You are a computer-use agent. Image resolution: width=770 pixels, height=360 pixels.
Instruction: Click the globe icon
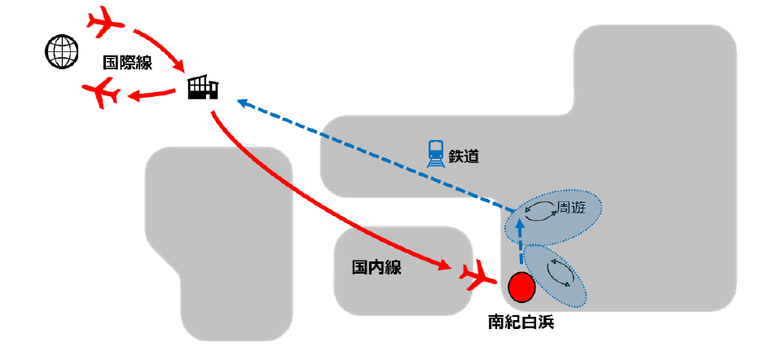click(x=62, y=52)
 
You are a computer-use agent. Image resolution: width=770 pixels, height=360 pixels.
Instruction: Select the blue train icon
click(x=436, y=152)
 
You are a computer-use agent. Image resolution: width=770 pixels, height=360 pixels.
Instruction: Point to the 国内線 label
click(x=376, y=267)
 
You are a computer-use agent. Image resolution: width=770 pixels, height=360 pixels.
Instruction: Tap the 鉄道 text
click(x=464, y=156)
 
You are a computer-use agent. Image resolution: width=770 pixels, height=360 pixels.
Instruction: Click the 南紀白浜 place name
click(x=523, y=322)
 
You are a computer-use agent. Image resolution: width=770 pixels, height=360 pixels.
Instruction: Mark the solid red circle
click(x=521, y=287)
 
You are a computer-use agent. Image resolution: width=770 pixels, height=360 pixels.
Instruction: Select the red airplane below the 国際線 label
click(x=102, y=94)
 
